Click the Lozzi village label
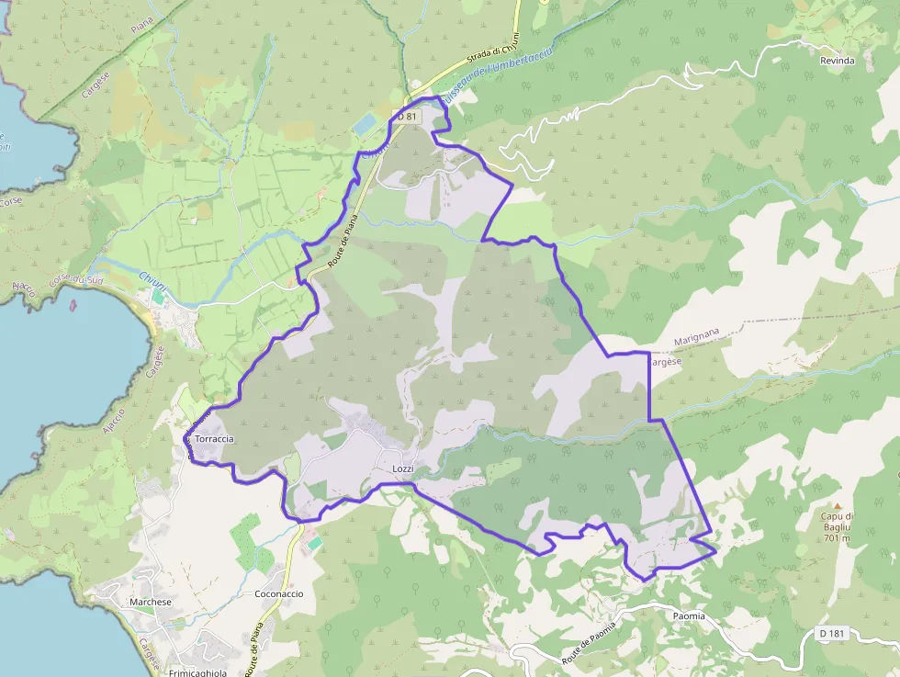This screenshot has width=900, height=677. click(403, 469)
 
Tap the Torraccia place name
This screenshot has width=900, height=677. click(214, 439)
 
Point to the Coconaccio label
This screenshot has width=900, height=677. click(278, 593)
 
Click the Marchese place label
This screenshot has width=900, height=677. click(151, 602)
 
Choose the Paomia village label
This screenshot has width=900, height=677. click(689, 615)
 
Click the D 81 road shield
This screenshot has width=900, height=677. click(406, 116)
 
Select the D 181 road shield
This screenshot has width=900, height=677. click(832, 634)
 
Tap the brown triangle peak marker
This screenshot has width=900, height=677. click(838, 505)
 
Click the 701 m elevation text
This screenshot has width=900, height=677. click(838, 538)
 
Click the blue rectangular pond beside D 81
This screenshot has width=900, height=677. click(366, 124)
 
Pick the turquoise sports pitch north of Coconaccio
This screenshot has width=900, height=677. click(315, 544)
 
